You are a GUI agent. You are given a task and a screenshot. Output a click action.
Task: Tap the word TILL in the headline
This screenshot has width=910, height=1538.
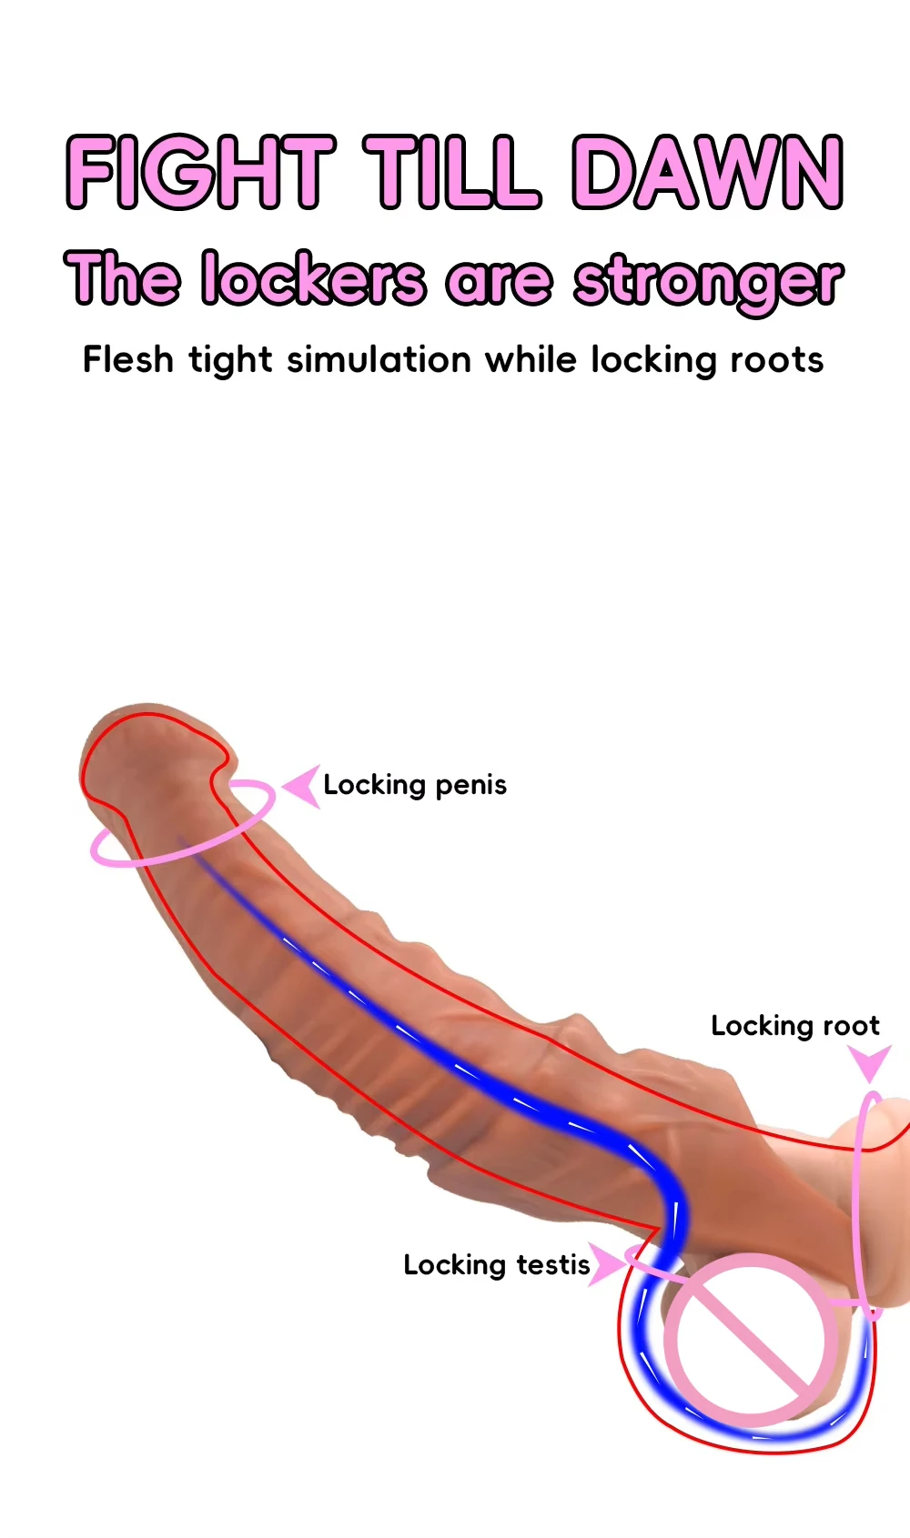tap(452, 171)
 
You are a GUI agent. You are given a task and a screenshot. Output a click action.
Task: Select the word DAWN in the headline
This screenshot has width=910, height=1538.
tap(708, 171)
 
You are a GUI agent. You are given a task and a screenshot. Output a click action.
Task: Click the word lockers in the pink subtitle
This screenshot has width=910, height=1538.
tap(313, 279)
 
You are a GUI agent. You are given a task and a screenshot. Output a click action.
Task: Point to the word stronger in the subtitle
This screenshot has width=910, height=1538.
tap(708, 281)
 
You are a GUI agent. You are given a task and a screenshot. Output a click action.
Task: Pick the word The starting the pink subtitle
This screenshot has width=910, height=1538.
tap(123, 277)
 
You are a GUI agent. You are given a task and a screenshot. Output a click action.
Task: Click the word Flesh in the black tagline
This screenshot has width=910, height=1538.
tap(128, 359)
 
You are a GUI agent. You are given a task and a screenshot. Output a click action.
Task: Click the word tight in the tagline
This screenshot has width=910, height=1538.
tap(230, 361)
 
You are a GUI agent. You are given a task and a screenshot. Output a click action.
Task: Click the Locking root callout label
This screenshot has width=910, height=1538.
tap(794, 1026)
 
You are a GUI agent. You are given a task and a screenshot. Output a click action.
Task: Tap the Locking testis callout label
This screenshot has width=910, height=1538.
tap(497, 1265)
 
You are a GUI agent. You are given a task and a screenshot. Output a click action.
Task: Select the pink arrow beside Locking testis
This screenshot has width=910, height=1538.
tap(604, 1263)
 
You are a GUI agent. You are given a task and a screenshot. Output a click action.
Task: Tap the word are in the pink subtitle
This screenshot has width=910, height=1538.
tap(499, 281)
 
